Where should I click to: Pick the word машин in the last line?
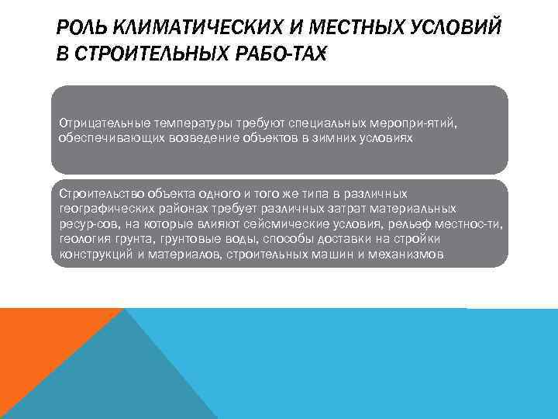coord(337,253)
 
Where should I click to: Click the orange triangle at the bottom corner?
coord(39,341)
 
